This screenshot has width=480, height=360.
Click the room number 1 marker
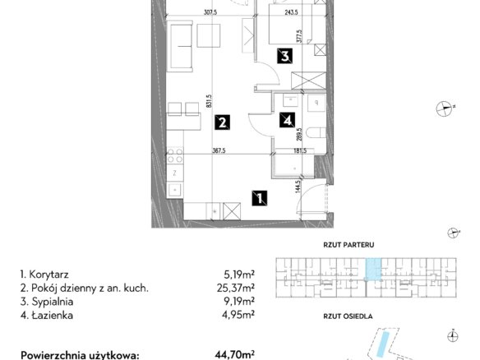click(x=260, y=198)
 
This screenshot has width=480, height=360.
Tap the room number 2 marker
click(x=222, y=122)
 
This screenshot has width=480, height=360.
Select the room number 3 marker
click(x=284, y=56)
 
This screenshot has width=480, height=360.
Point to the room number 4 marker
click(x=287, y=120)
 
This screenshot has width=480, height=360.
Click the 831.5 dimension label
click(x=209, y=101)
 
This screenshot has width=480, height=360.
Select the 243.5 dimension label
click(x=291, y=12)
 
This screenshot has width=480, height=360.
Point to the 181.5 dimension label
click(x=299, y=150)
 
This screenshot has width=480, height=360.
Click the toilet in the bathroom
click(x=316, y=132)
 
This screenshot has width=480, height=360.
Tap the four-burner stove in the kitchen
click(x=175, y=155)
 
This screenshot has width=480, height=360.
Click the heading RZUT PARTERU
click(x=348, y=245)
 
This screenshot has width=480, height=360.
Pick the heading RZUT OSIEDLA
click(x=348, y=316)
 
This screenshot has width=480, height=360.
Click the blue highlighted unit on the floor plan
click(x=374, y=269)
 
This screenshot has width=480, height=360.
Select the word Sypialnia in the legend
click(x=53, y=302)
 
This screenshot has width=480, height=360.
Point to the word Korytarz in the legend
click(x=48, y=275)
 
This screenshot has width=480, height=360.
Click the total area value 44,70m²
click(x=235, y=355)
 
